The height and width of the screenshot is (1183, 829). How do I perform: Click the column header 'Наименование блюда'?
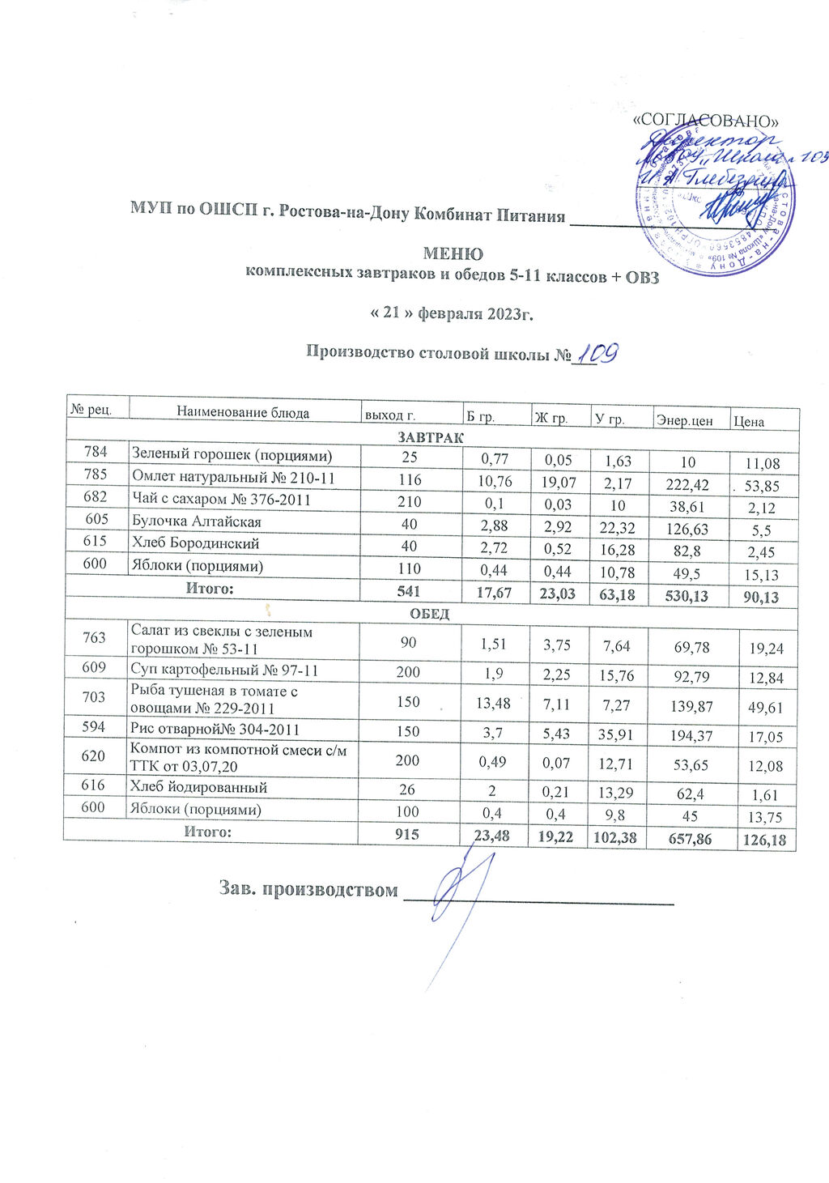click(243, 412)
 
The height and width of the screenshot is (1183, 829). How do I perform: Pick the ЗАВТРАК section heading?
click(429, 437)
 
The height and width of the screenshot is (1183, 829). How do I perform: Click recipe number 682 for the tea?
click(96, 499)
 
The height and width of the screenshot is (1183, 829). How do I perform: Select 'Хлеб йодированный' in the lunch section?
click(198, 787)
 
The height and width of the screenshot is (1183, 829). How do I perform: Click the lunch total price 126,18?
click(763, 840)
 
